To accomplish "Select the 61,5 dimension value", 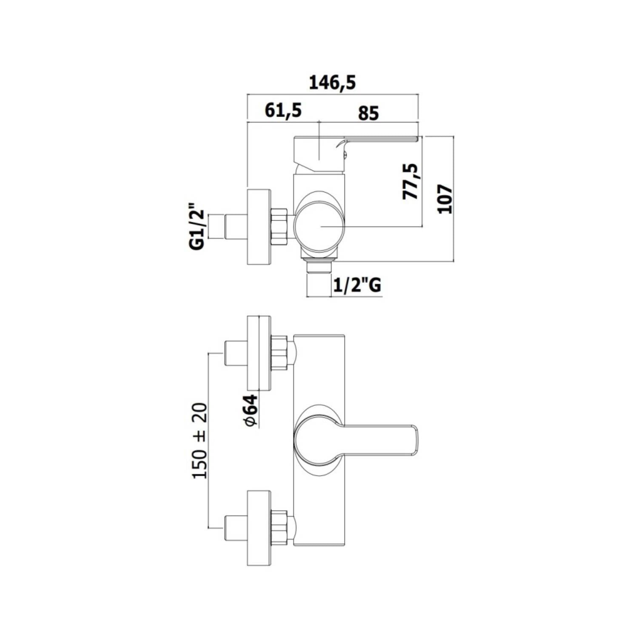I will pyautogui.click(x=283, y=110).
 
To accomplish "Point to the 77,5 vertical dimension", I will pyautogui.click(x=411, y=181).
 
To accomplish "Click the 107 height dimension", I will pyautogui.click(x=445, y=199).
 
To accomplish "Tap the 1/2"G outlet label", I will pyautogui.click(x=357, y=285).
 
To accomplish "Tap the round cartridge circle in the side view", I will pyautogui.click(x=319, y=226).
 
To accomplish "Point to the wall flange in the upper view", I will pyautogui.click(x=259, y=226).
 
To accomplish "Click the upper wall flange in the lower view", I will pyautogui.click(x=259, y=353).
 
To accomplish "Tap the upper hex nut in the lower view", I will pyautogui.click(x=279, y=353).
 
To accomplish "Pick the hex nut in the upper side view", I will pyautogui.click(x=279, y=226).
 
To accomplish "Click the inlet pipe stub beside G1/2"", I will pyautogui.click(x=235, y=226).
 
